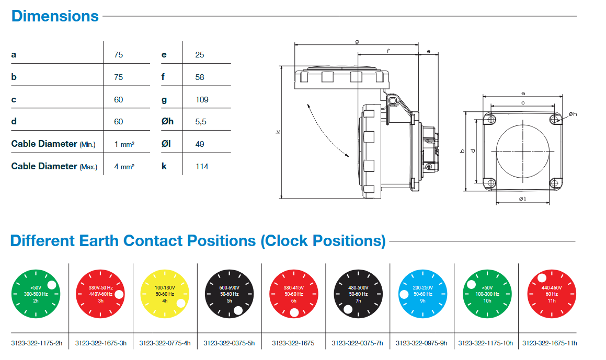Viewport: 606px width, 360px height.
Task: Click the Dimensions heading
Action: [55, 16]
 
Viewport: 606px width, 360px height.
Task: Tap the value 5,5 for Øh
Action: [200, 121]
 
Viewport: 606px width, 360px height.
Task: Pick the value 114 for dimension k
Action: [201, 166]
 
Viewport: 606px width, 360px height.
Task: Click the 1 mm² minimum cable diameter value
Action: [124, 144]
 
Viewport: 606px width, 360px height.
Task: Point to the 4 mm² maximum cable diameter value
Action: [124, 166]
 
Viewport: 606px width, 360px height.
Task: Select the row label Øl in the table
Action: [167, 144]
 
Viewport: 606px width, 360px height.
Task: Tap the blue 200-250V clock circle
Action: [422, 294]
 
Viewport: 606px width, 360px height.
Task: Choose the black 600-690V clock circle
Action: [229, 294]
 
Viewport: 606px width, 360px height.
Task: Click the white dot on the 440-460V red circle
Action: [542, 277]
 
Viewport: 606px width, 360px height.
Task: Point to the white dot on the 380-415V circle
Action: [294, 312]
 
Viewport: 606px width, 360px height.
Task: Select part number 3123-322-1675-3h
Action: [101, 343]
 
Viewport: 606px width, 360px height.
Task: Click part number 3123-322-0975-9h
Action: [421, 343]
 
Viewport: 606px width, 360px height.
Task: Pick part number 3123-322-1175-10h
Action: [486, 343]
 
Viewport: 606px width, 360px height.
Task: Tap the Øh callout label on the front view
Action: [572, 114]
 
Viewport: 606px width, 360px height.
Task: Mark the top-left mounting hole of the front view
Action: [490, 120]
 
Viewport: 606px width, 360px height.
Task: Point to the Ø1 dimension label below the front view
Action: [522, 199]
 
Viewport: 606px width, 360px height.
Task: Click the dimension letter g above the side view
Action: [357, 41]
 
